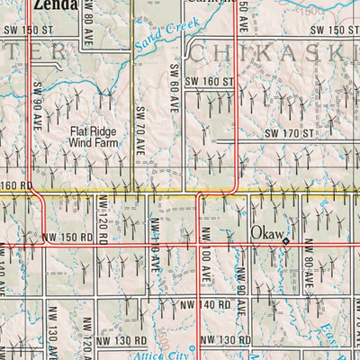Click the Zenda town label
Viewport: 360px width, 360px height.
pyautogui.click(x=49, y=4)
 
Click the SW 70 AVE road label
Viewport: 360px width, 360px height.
pyautogui.click(x=140, y=126)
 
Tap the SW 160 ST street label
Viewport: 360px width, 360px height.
pyautogui.click(x=209, y=82)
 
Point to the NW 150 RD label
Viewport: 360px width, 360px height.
pyautogui.click(x=67, y=238)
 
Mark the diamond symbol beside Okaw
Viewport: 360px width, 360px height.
pyautogui.click(x=286, y=241)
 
